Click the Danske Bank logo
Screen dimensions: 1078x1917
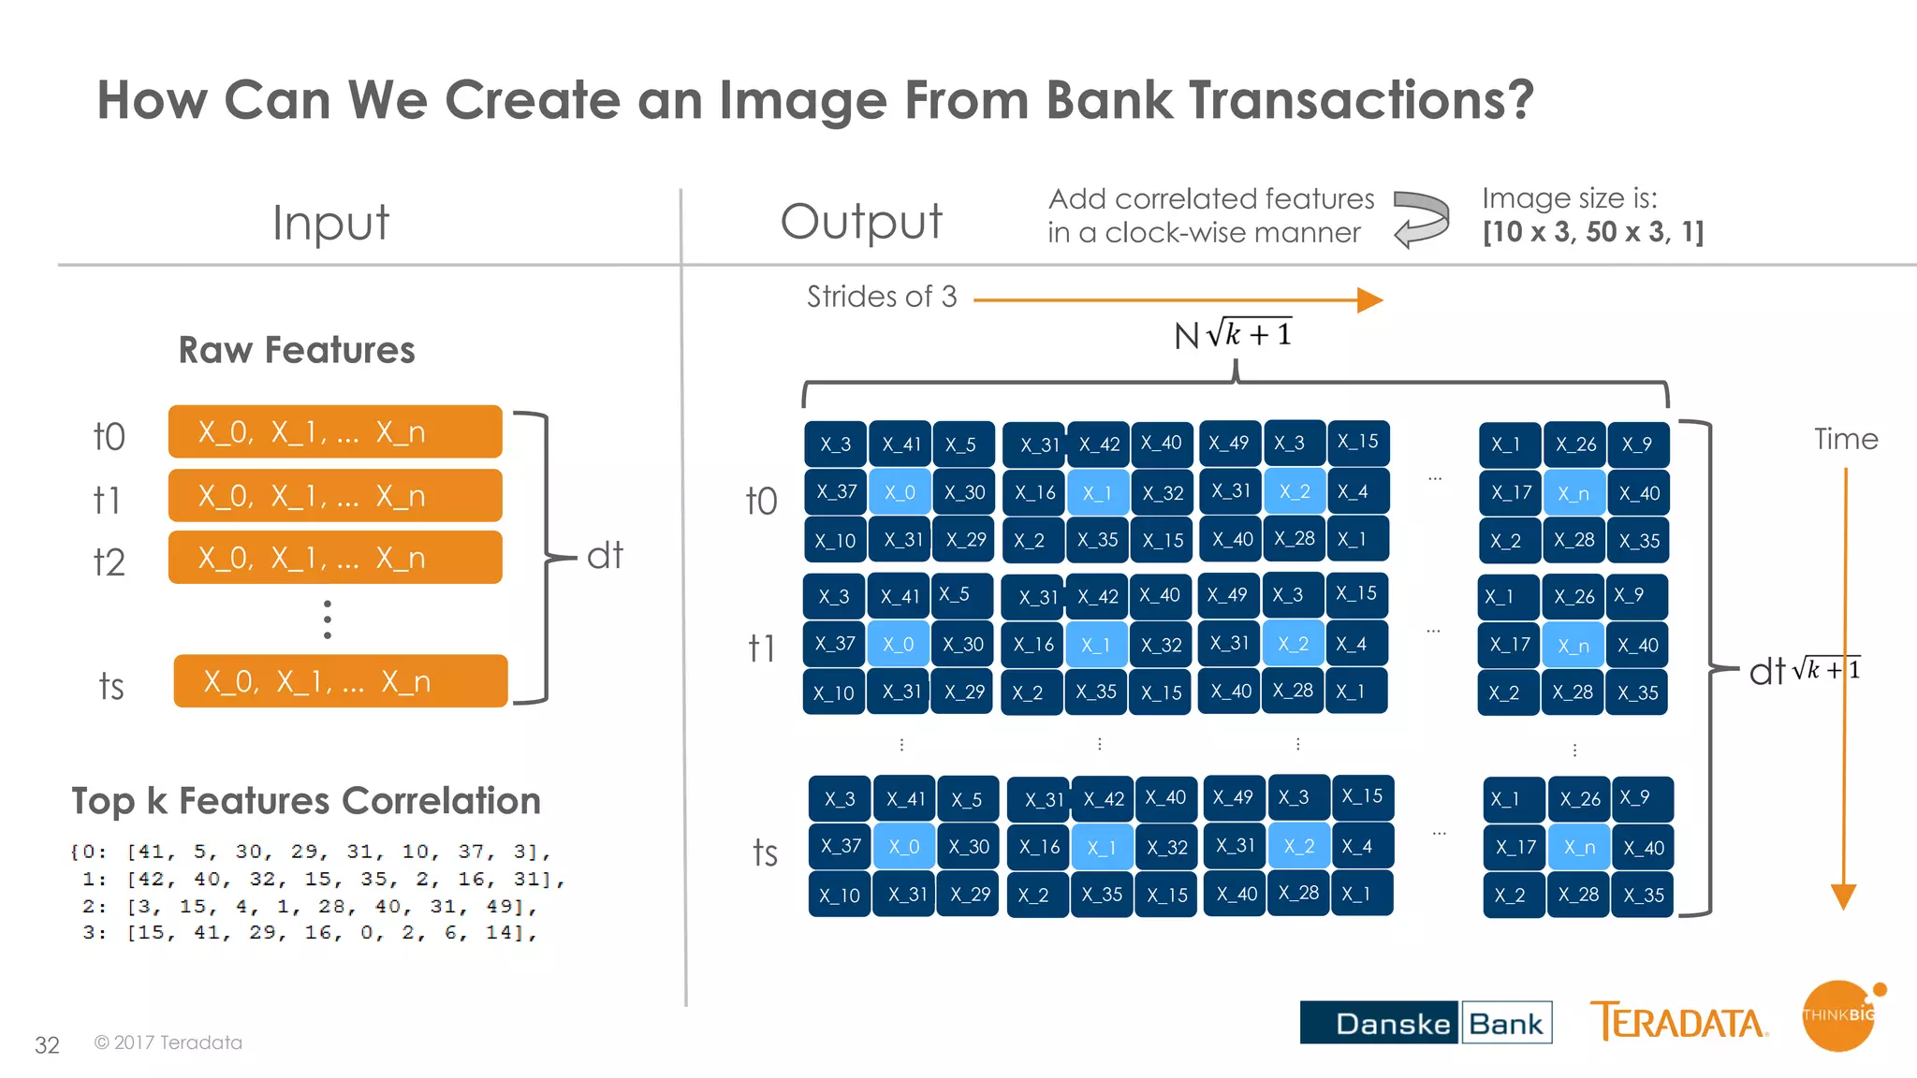point(1425,1022)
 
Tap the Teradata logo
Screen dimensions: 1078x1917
point(1678,1022)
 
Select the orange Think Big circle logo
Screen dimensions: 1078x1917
point(1838,1016)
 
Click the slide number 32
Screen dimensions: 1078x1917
point(47,1044)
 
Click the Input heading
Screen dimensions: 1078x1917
point(330,223)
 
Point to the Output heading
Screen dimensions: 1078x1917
point(861,222)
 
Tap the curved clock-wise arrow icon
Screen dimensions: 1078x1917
point(1421,218)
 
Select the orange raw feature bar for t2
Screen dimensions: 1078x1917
point(335,558)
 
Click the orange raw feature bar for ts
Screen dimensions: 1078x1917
point(341,681)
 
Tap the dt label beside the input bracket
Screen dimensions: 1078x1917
point(605,556)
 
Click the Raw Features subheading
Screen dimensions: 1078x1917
point(297,350)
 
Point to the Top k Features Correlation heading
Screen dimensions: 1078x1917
point(306,801)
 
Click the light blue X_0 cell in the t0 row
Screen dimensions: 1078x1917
point(900,492)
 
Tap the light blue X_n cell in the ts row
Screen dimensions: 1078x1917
point(1579,848)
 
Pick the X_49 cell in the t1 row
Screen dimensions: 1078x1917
point(1228,595)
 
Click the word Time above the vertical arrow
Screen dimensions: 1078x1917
point(1846,439)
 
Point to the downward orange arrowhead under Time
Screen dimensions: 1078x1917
point(1843,896)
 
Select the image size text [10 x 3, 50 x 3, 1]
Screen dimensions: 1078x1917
point(1593,232)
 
